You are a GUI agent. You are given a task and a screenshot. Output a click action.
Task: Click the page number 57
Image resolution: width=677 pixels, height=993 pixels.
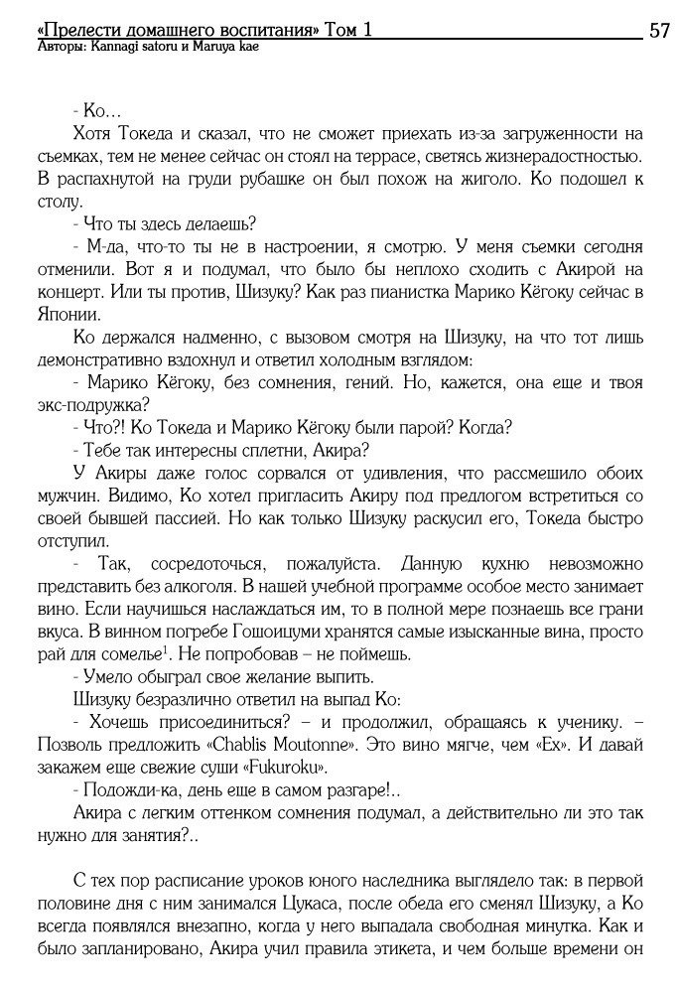coord(658,31)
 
